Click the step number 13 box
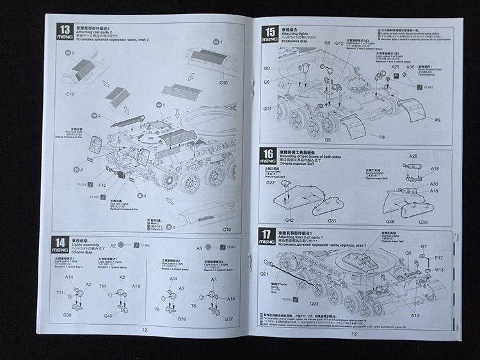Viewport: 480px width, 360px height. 65,29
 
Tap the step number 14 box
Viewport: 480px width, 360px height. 61,242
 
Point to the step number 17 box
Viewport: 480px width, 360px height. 269,233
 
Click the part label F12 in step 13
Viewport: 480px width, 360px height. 102,185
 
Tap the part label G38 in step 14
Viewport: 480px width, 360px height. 67,315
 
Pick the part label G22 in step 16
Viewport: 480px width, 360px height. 271,183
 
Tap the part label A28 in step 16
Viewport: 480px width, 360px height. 413,157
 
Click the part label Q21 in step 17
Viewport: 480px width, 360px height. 265,274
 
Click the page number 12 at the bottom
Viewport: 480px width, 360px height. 145,329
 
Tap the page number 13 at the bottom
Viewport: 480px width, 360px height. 353,333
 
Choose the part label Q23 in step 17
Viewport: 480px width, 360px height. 314,303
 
